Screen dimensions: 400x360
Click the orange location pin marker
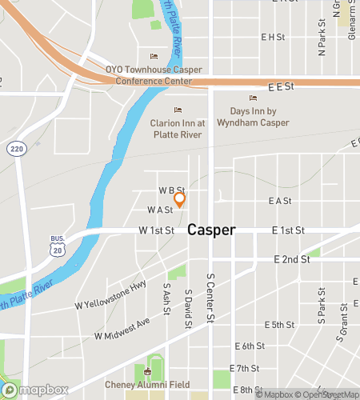coord(180,199)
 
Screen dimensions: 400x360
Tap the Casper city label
coord(211,230)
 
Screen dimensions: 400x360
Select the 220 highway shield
coord(17,149)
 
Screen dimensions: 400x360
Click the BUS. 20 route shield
coord(57,246)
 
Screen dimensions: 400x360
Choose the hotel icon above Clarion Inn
coord(178,110)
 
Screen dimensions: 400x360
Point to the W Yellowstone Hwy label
coord(110,294)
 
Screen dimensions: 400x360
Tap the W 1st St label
coord(156,230)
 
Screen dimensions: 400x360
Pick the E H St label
coord(273,37)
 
